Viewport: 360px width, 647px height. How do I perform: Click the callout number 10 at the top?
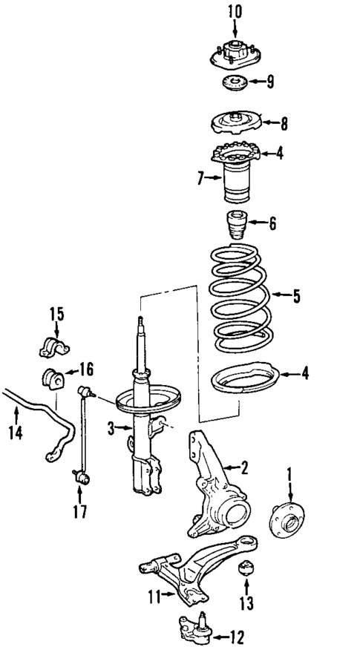(x=235, y=11)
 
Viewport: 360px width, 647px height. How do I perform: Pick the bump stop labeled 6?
(x=235, y=225)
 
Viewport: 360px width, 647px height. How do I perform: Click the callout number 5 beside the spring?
(x=297, y=297)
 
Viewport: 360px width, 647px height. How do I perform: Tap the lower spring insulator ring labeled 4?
(x=243, y=379)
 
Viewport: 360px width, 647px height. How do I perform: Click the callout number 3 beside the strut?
(x=111, y=428)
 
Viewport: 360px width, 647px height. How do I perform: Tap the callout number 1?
(x=290, y=471)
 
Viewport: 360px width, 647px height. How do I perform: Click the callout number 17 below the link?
(x=79, y=511)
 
